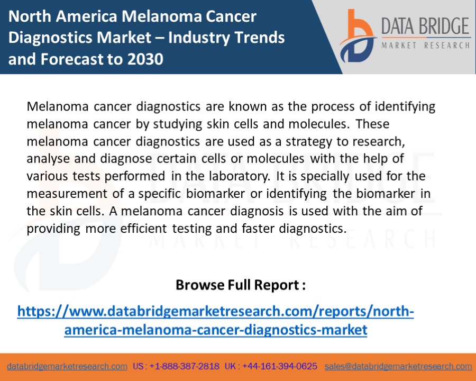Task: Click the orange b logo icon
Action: (355, 35)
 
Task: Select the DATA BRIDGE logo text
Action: (425, 26)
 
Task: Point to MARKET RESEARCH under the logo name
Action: (425, 46)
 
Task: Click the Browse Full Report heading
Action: (241, 285)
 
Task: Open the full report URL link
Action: (215, 320)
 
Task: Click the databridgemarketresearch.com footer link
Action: (67, 366)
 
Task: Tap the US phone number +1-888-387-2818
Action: (184, 366)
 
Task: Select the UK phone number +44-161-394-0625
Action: (280, 366)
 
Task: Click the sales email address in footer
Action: (398, 366)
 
